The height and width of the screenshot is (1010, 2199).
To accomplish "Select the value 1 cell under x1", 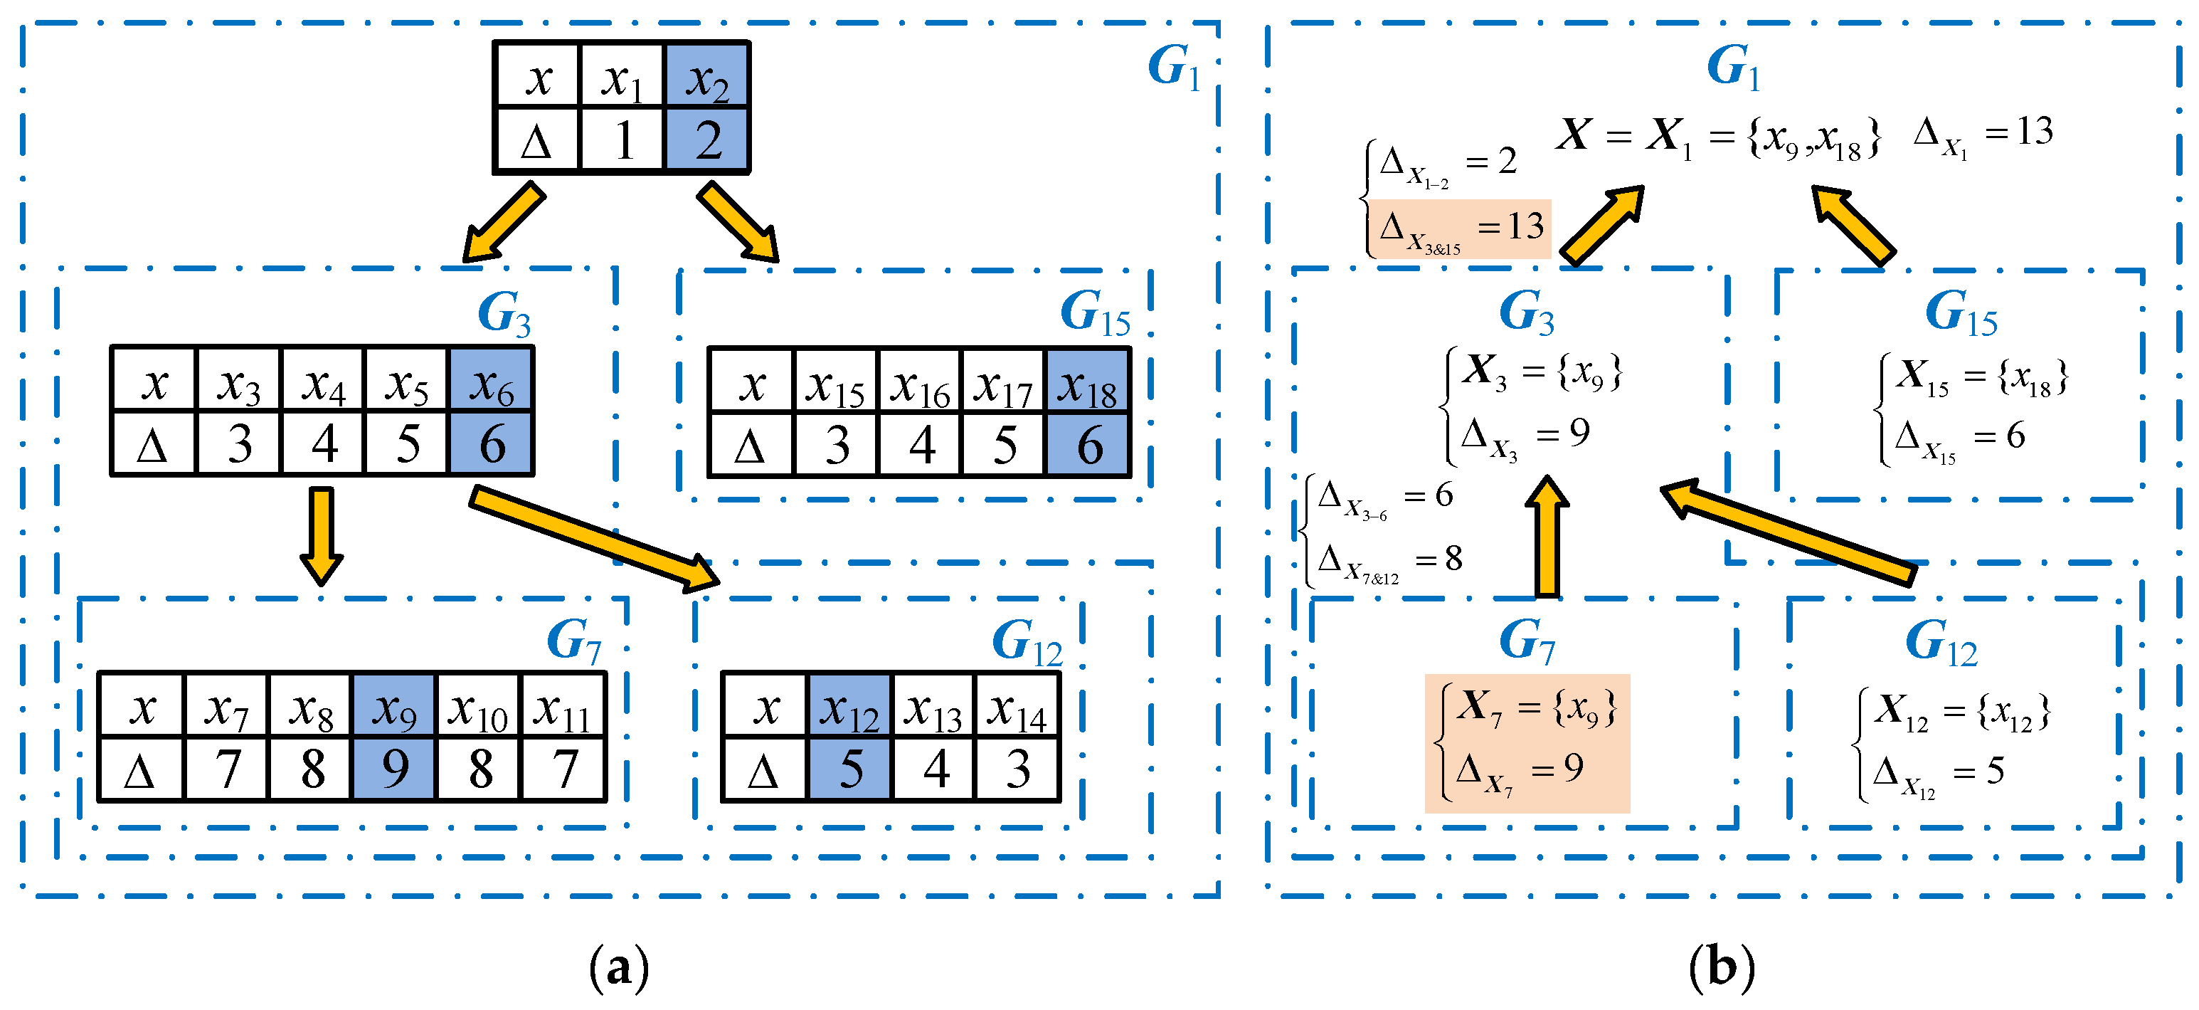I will click(x=622, y=140).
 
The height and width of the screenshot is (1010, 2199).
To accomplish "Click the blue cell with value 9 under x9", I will click(x=393, y=769).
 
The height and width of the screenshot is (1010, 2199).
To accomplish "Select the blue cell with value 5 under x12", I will click(x=849, y=769).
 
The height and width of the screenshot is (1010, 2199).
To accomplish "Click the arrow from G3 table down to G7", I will click(x=321, y=535).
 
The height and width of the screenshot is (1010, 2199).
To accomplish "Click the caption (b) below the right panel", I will click(x=1720, y=968).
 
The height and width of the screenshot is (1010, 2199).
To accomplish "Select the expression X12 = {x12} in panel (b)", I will click(x=1961, y=710).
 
